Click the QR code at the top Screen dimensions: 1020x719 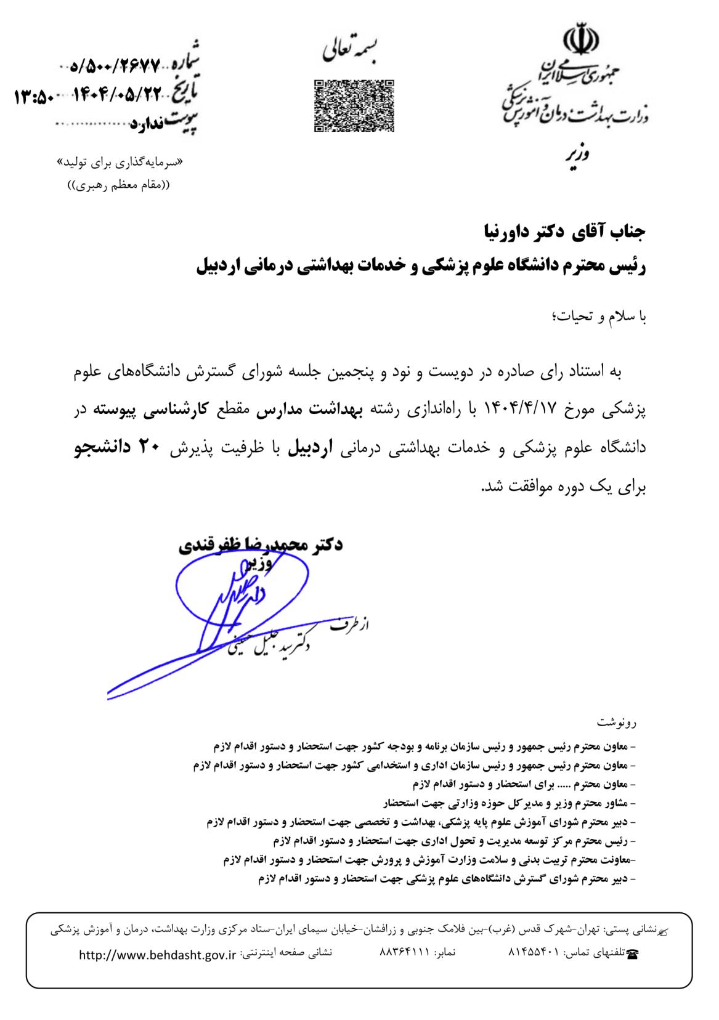click(354, 105)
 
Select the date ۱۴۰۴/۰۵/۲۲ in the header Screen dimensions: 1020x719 click(118, 94)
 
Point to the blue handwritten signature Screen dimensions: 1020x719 click(222, 610)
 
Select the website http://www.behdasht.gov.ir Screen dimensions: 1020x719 click(158, 955)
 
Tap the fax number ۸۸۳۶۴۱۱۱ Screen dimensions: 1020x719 click(403, 953)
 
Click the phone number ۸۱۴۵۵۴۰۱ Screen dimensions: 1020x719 click(533, 953)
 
